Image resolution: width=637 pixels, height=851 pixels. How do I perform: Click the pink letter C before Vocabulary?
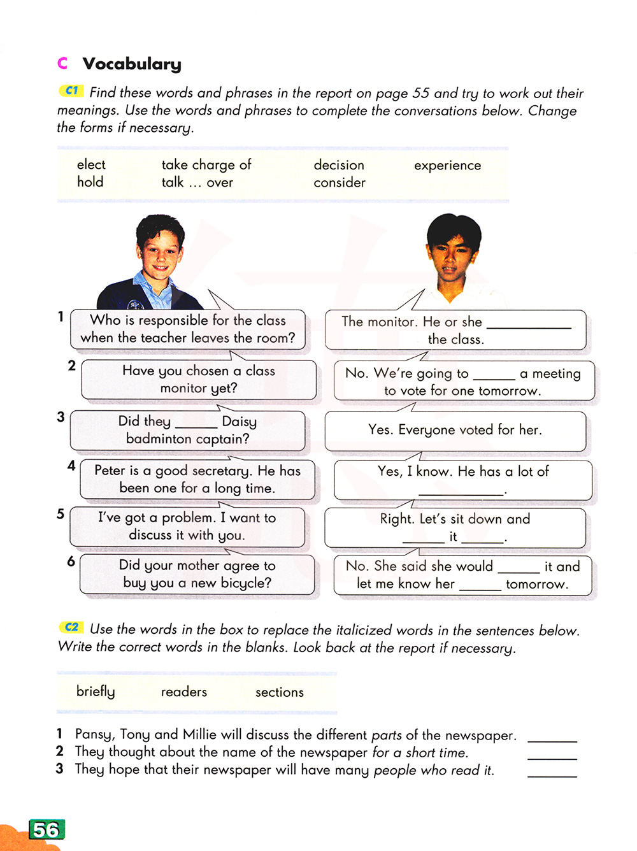click(x=62, y=63)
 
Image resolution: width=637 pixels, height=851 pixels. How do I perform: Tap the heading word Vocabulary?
click(x=132, y=64)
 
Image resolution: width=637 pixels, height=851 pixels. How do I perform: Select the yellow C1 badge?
click(x=71, y=91)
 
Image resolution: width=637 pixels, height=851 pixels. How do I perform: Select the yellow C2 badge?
click(x=71, y=627)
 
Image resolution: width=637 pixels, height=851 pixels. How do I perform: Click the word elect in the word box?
click(x=91, y=164)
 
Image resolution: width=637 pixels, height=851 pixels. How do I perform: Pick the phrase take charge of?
click(x=206, y=165)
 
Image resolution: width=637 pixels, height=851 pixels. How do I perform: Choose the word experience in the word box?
click(x=447, y=166)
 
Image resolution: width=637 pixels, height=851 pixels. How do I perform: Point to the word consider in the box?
click(x=340, y=183)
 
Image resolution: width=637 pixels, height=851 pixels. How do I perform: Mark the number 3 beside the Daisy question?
click(x=61, y=417)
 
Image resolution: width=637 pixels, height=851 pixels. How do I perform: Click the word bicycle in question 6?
click(x=245, y=583)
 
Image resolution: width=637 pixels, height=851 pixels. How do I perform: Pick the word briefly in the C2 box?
click(x=96, y=692)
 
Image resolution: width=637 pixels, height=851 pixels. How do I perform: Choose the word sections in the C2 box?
click(x=280, y=692)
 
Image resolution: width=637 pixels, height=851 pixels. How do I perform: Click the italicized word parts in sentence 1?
click(x=387, y=735)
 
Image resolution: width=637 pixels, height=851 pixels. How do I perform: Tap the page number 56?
click(x=47, y=830)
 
